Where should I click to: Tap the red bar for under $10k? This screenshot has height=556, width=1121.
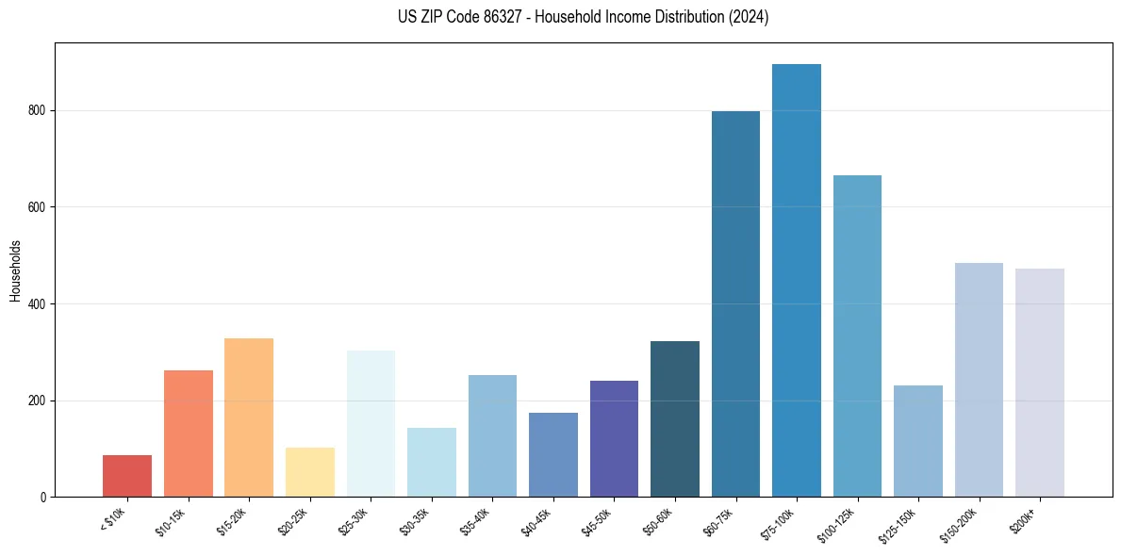(127, 476)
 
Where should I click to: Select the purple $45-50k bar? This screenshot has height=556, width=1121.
(614, 439)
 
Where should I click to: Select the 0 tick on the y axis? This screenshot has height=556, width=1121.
(43, 497)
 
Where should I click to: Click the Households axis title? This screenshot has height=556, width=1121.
(15, 270)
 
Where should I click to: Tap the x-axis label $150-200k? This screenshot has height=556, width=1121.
(958, 524)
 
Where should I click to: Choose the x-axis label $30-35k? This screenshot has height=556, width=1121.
(414, 521)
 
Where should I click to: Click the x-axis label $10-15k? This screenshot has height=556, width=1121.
(171, 521)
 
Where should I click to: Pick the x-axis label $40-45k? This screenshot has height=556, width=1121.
(536, 521)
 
